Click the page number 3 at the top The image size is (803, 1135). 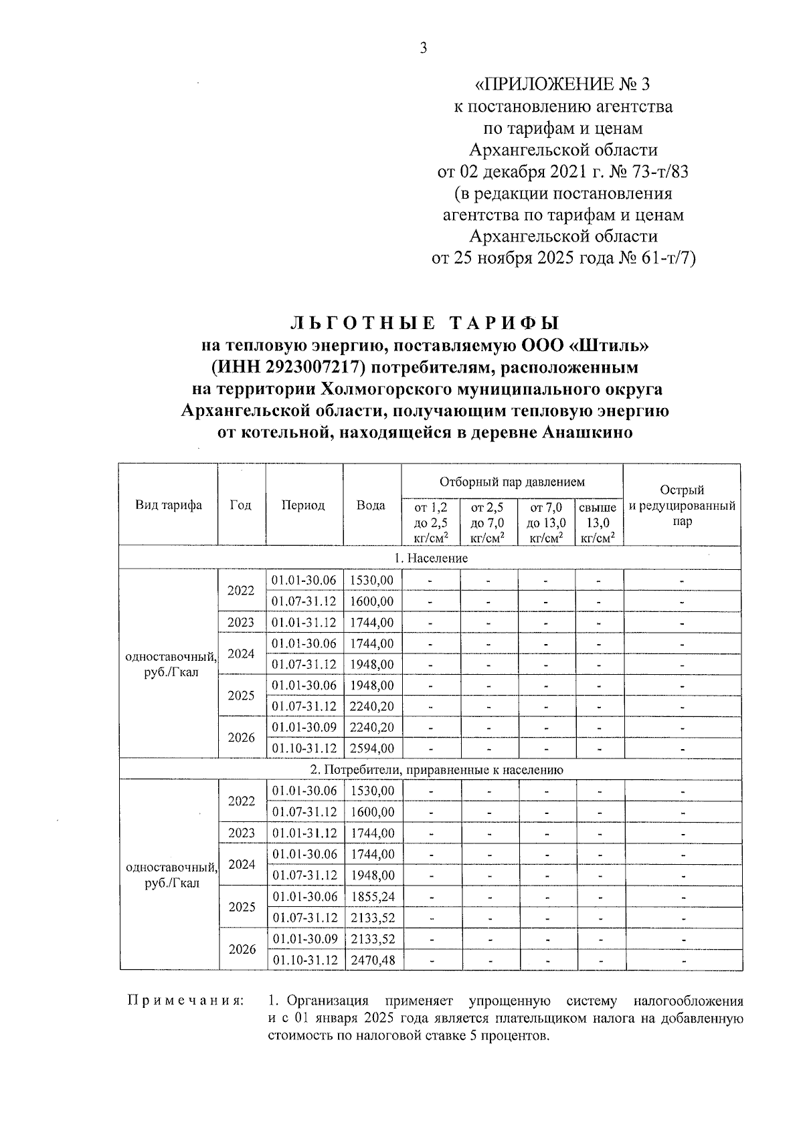(x=422, y=48)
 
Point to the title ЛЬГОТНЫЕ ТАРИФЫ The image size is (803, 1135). (x=424, y=324)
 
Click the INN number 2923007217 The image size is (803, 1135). (x=306, y=367)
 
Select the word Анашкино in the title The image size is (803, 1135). (x=587, y=432)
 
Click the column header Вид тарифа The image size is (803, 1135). (x=169, y=505)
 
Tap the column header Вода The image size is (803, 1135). (x=371, y=505)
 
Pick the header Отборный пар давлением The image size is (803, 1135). (x=512, y=481)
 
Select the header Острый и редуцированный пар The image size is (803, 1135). (x=681, y=506)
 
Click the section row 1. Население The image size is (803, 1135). (x=430, y=558)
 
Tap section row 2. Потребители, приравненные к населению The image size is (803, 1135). (x=430, y=769)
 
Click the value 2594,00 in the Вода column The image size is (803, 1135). (x=372, y=748)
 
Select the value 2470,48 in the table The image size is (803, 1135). (x=372, y=960)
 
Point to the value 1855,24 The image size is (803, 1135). (x=372, y=896)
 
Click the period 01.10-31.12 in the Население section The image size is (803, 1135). (x=304, y=748)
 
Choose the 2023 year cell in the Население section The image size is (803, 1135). (x=241, y=622)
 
